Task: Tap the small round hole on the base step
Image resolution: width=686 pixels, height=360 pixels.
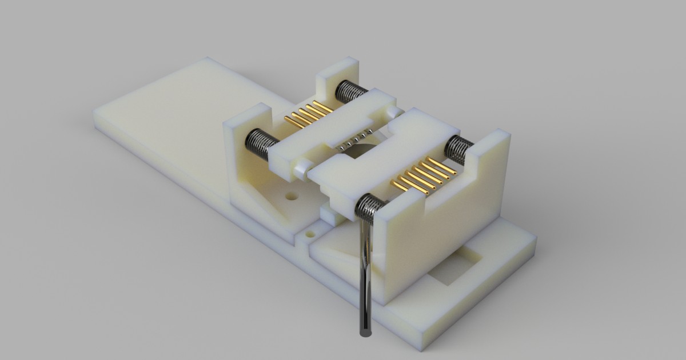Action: point(311,234)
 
